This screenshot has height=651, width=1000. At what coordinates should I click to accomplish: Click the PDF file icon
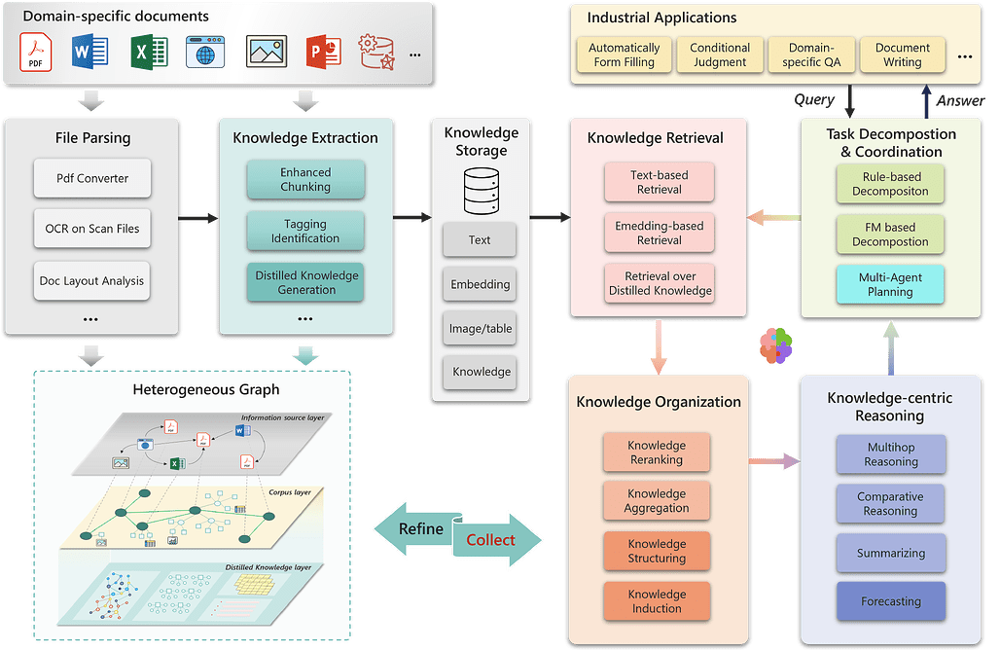(36, 53)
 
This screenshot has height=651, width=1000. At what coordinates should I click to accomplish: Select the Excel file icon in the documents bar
(149, 52)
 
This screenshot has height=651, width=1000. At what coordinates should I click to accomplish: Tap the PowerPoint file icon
(324, 53)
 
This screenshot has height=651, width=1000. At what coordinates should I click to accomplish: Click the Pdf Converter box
(92, 178)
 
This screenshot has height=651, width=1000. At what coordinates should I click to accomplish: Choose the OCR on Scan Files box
(92, 229)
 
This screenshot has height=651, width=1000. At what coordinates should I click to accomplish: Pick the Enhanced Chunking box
(305, 179)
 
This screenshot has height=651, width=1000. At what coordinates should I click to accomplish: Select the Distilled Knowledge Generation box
(305, 282)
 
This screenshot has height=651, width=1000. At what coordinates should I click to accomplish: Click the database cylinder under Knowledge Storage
(482, 191)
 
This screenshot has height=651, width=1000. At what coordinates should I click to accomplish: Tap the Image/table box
(481, 329)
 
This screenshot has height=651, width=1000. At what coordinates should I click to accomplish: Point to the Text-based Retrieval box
(660, 182)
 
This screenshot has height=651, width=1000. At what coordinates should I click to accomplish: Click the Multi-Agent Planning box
(890, 285)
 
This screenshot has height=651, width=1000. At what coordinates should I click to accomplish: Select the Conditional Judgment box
(720, 54)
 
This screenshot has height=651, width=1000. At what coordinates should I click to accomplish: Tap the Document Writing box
(903, 54)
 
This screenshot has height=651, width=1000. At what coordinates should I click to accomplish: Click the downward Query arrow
(849, 101)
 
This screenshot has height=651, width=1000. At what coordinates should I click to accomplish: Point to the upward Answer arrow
(927, 101)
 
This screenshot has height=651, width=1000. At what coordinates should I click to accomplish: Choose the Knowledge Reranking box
(657, 452)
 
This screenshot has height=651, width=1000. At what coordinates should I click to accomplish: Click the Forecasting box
(891, 601)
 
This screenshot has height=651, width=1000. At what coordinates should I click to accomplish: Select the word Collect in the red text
(490, 540)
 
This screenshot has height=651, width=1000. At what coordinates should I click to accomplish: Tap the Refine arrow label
(421, 529)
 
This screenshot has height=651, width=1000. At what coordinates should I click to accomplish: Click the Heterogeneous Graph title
(206, 389)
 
